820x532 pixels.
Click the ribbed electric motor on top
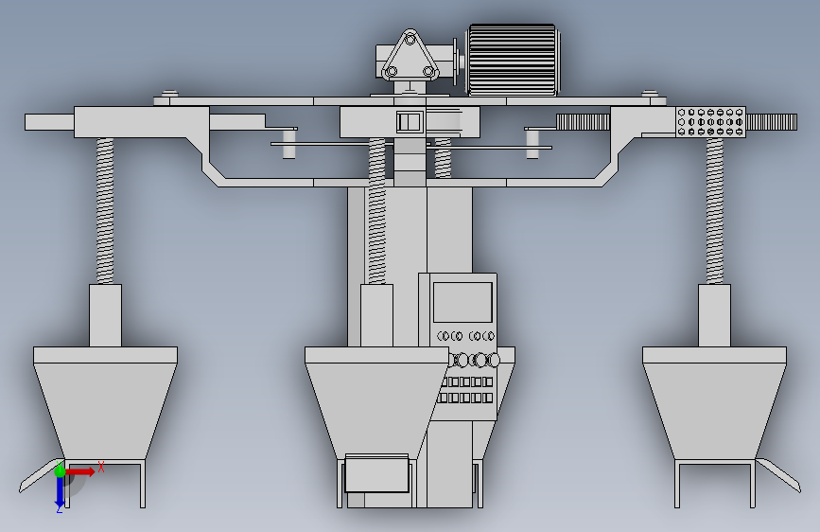pos(513,60)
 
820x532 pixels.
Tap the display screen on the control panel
pos(462,303)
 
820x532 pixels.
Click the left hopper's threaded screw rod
pos(105,210)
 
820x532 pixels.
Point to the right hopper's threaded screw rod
pos(714,210)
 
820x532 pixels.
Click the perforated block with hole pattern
pos(710,122)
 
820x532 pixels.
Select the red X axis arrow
pos(80,471)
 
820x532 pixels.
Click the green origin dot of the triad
pos(60,470)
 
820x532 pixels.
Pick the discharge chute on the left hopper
pos(41,476)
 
